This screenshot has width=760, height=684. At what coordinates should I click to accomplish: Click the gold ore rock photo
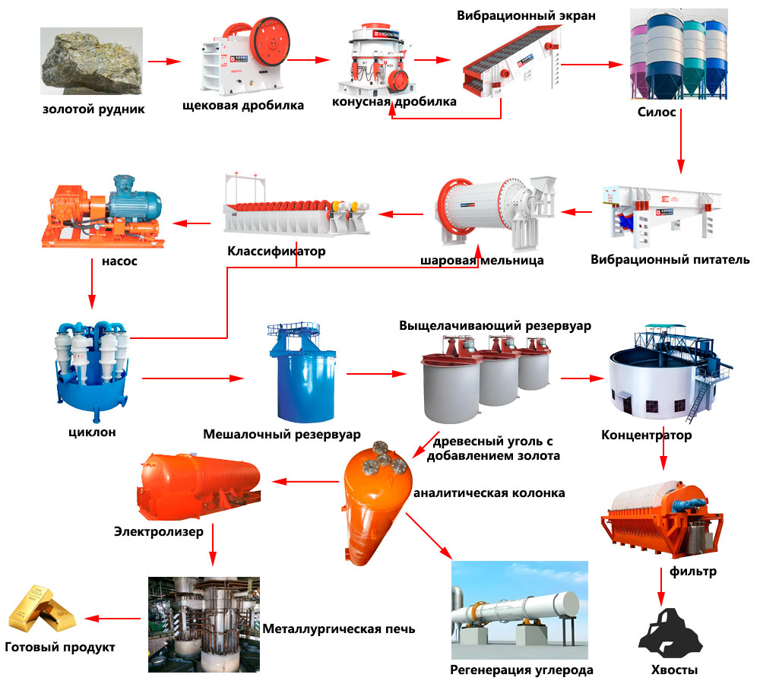(x=90, y=64)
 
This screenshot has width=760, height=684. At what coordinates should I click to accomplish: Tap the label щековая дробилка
(x=243, y=106)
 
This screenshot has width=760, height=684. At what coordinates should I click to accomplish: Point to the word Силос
(x=658, y=112)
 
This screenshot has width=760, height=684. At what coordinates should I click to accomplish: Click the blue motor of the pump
(x=132, y=197)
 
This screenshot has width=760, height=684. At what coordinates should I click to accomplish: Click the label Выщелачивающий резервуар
(x=495, y=325)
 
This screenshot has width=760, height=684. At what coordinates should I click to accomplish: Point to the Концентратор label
(x=647, y=435)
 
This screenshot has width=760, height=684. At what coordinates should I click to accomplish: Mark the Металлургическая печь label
(x=339, y=629)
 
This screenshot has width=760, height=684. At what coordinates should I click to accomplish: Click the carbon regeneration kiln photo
(x=520, y=609)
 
